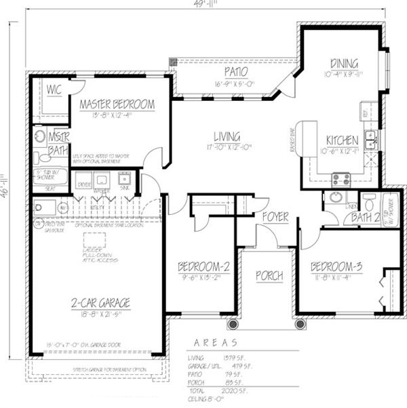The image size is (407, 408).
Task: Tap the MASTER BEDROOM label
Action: [x=117, y=105]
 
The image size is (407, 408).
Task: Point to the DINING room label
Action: [x=344, y=64]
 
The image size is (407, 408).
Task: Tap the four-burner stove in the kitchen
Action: [x=341, y=180]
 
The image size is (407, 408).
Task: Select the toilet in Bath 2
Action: [x=369, y=202]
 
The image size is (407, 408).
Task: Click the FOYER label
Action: [x=276, y=217]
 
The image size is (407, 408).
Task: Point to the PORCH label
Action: [x=269, y=277]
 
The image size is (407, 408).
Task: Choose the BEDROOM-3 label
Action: [x=336, y=266]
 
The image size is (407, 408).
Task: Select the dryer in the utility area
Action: [x=84, y=182]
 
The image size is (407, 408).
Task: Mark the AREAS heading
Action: [x=216, y=343]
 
